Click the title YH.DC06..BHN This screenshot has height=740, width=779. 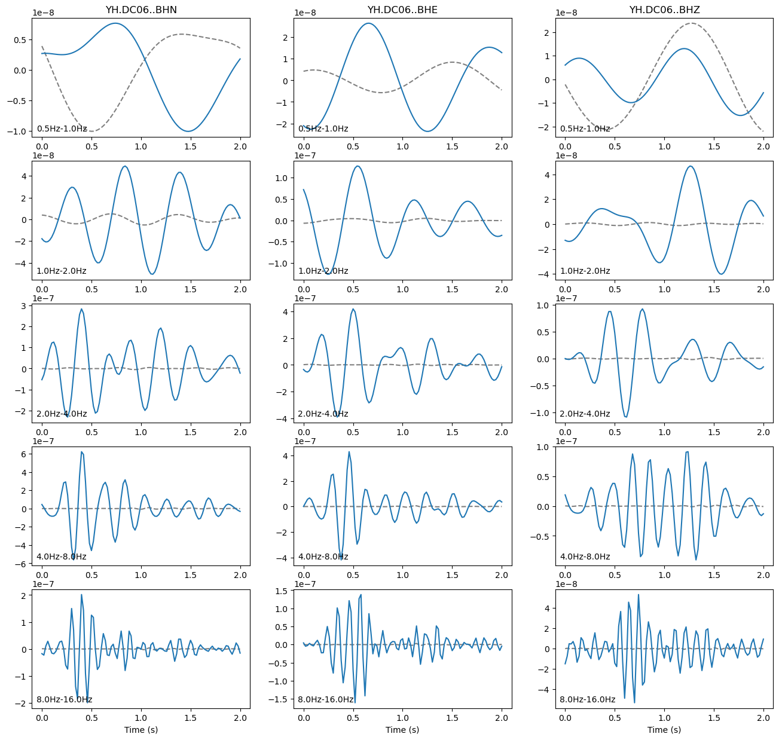click(140, 10)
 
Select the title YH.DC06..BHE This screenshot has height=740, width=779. click(402, 10)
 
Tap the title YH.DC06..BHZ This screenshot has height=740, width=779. click(664, 10)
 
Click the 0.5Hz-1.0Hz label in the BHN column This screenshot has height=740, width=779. click(62, 129)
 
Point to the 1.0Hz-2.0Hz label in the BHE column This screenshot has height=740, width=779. click(323, 271)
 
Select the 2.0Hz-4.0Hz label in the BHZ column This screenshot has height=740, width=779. click(585, 414)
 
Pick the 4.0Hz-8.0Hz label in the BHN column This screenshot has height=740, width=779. click(62, 556)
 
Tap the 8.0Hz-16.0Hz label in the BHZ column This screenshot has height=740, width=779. click(587, 699)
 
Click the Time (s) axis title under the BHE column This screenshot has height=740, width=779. click(402, 729)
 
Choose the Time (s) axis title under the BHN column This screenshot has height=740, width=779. click(140, 729)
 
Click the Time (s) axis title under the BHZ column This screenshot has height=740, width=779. click(664, 729)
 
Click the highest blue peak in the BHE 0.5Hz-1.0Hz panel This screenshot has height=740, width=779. click(369, 23)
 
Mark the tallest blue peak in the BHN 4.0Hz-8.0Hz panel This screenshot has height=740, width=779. click(81, 452)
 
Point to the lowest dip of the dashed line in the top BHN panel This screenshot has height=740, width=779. click(91, 131)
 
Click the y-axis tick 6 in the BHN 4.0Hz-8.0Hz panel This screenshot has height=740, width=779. click(24, 454)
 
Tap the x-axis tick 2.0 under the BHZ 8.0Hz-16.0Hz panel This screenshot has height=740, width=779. click(763, 718)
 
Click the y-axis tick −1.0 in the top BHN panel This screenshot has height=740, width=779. click(19, 132)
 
